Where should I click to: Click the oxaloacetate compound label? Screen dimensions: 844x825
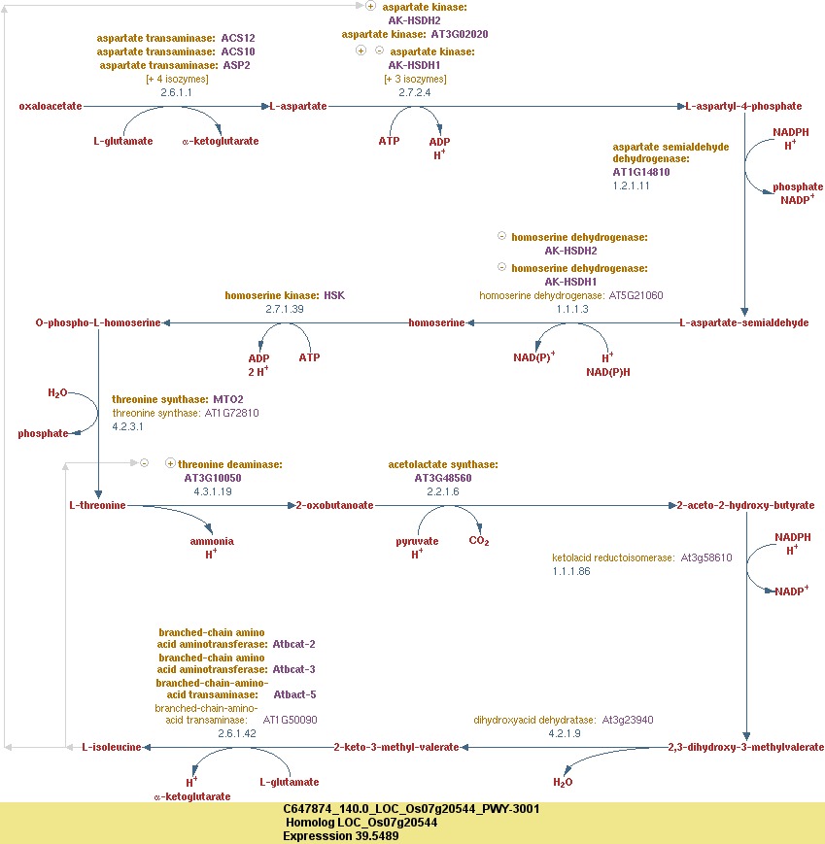(x=51, y=106)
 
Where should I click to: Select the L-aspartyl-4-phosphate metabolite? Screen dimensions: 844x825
(x=744, y=106)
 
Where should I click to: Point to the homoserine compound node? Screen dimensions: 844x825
(x=436, y=322)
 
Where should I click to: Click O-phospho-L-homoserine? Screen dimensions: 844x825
(x=97, y=322)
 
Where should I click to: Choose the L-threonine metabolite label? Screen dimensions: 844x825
(x=97, y=505)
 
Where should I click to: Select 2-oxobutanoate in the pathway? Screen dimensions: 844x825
(x=335, y=505)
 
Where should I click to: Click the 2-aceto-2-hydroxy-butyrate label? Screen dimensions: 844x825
(x=745, y=505)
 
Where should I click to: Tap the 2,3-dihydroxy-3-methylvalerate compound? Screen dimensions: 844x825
(x=745, y=747)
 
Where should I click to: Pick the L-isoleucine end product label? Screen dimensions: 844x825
(x=112, y=747)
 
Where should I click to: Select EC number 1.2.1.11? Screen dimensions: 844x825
(x=631, y=186)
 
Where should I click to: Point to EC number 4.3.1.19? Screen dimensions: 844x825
(x=213, y=491)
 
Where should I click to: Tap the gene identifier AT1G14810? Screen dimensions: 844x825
(x=640, y=172)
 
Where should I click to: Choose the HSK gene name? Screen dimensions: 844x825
(x=334, y=294)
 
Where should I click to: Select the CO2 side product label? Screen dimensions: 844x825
(x=479, y=541)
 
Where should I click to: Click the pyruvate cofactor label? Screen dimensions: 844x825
(x=417, y=541)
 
